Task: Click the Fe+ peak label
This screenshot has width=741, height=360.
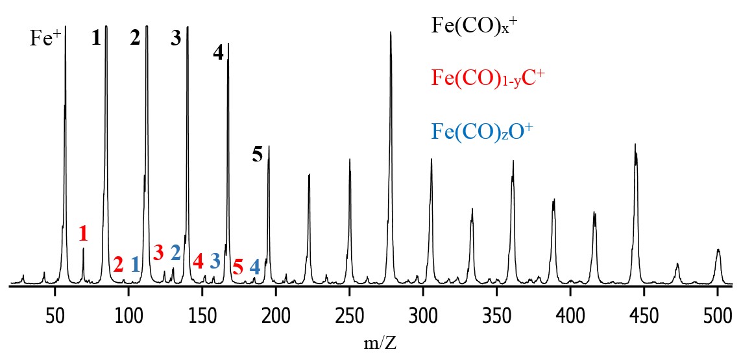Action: tap(45, 39)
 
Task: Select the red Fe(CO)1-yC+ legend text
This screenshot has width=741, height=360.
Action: tap(487, 78)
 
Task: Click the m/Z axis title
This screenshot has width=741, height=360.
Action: tap(380, 342)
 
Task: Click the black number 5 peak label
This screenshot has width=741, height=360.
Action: tap(258, 154)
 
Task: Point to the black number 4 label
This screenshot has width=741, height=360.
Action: tap(218, 53)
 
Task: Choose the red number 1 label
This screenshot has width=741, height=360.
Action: tap(83, 234)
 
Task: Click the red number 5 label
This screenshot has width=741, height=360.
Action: tap(237, 267)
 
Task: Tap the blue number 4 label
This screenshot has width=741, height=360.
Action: tap(255, 267)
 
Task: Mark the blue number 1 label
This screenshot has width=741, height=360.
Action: tap(135, 264)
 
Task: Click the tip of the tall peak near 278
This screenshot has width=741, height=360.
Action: tap(391, 32)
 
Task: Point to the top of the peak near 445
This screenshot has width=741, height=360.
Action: tap(635, 145)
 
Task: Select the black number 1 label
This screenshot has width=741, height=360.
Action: tap(96, 38)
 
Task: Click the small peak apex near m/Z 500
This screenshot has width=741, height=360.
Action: tap(718, 250)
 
